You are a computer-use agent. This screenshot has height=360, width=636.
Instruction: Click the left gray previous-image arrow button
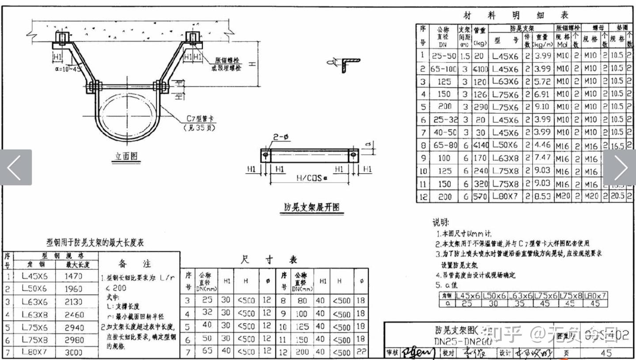(15, 167)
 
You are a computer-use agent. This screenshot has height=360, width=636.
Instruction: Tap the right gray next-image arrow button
(620, 167)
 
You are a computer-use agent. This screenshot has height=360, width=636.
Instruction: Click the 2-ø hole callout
(281, 137)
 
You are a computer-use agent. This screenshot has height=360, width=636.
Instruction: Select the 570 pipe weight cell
(480, 197)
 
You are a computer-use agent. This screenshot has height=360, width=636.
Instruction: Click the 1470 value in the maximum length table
(73, 276)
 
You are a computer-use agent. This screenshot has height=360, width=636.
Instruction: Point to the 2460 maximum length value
(73, 315)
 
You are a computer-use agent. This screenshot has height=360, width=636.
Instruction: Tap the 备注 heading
(135, 264)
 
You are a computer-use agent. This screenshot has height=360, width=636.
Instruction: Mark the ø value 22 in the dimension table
(361, 352)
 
